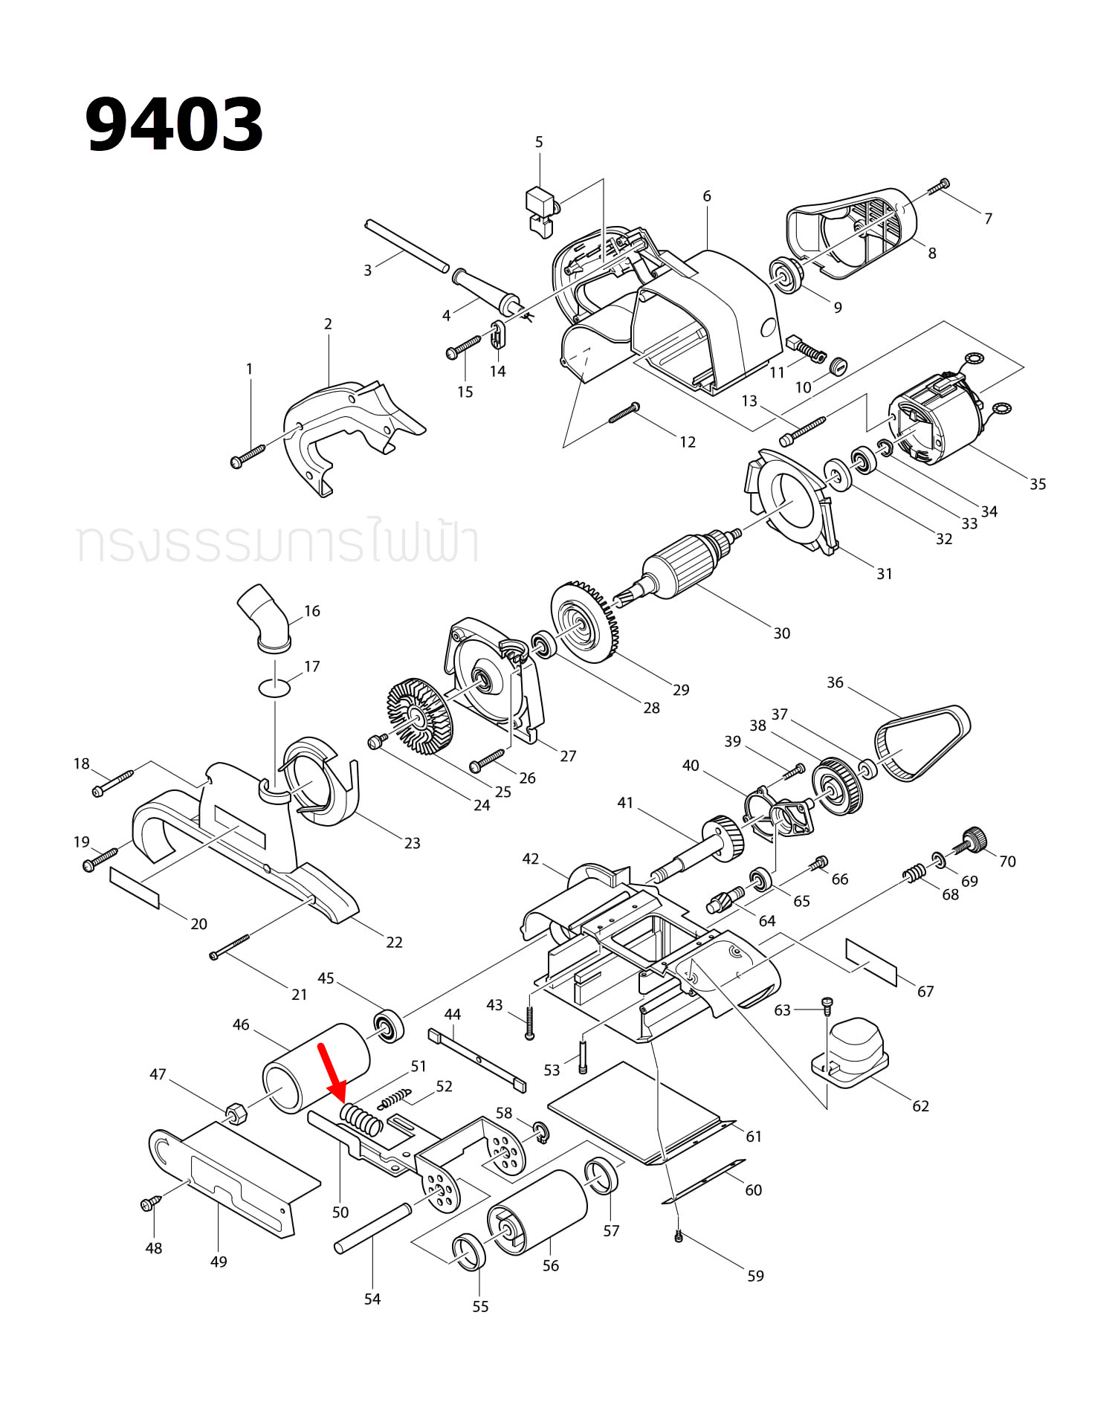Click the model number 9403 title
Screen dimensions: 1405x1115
click(x=175, y=124)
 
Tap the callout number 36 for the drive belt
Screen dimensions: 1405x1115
click(x=835, y=682)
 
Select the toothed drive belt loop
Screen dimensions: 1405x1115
click(x=922, y=741)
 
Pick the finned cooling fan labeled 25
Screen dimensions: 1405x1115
click(x=420, y=714)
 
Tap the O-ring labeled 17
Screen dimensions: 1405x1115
click(x=274, y=688)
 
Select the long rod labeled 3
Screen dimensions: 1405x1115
click(x=407, y=246)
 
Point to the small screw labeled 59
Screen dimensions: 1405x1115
click(x=678, y=1237)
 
